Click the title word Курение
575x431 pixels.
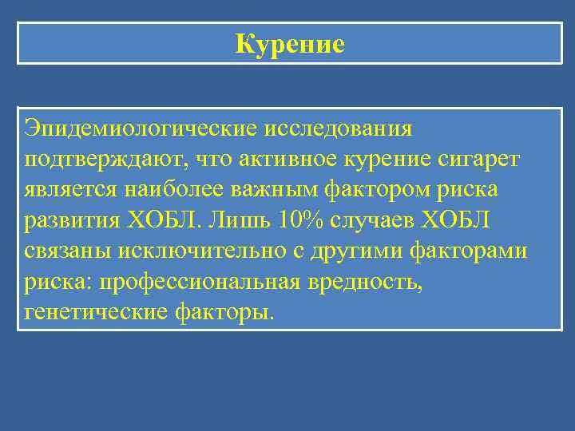[x=290, y=44]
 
